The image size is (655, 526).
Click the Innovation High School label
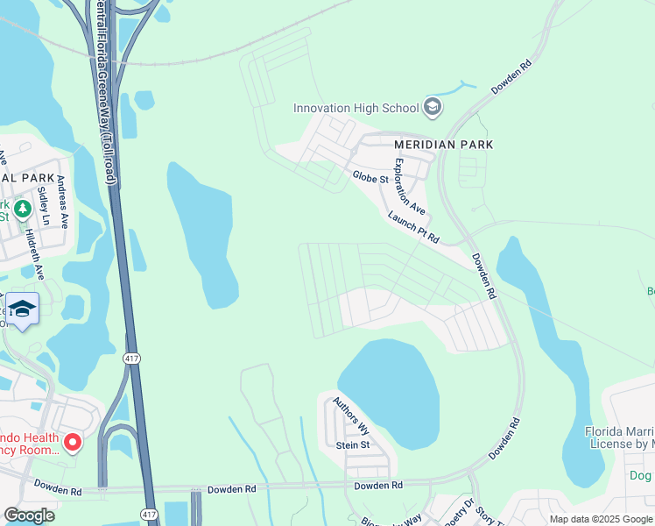click(356, 108)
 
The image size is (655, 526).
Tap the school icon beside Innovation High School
click(431, 108)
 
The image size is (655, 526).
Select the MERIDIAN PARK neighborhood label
click(443, 145)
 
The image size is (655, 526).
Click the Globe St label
click(370, 178)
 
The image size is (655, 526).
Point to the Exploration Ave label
click(409, 186)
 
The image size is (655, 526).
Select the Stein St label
click(353, 445)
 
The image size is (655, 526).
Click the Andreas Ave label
click(62, 203)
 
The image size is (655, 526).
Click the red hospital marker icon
click(73, 443)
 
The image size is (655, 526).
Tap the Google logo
click(29, 515)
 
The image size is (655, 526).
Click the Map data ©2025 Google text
click(599, 519)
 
